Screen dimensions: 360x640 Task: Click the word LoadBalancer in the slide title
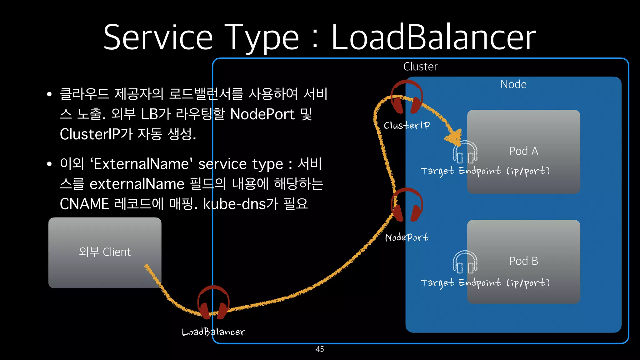(x=433, y=37)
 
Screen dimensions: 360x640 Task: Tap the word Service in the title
(x=158, y=37)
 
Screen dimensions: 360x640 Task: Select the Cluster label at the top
(x=420, y=67)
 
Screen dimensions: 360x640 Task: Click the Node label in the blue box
(x=513, y=84)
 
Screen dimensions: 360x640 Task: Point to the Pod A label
(x=523, y=151)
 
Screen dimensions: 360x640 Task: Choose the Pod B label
(x=523, y=261)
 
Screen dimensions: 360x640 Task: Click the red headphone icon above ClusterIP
(x=407, y=97)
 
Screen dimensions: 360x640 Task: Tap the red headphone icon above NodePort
(x=407, y=205)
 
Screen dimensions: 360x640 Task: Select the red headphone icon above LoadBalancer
(x=213, y=302)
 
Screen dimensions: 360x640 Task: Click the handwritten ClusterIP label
(x=407, y=125)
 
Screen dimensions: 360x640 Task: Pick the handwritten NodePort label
(x=407, y=237)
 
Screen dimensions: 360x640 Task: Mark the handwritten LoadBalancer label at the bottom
(x=213, y=332)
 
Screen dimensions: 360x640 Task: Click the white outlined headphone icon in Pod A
(x=465, y=152)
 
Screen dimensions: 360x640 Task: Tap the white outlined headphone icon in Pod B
(x=465, y=262)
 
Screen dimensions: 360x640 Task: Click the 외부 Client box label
(x=105, y=252)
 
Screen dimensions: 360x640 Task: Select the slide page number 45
(x=320, y=349)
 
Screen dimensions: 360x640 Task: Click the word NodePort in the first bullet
(x=262, y=114)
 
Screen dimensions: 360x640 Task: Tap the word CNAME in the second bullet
(x=84, y=204)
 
